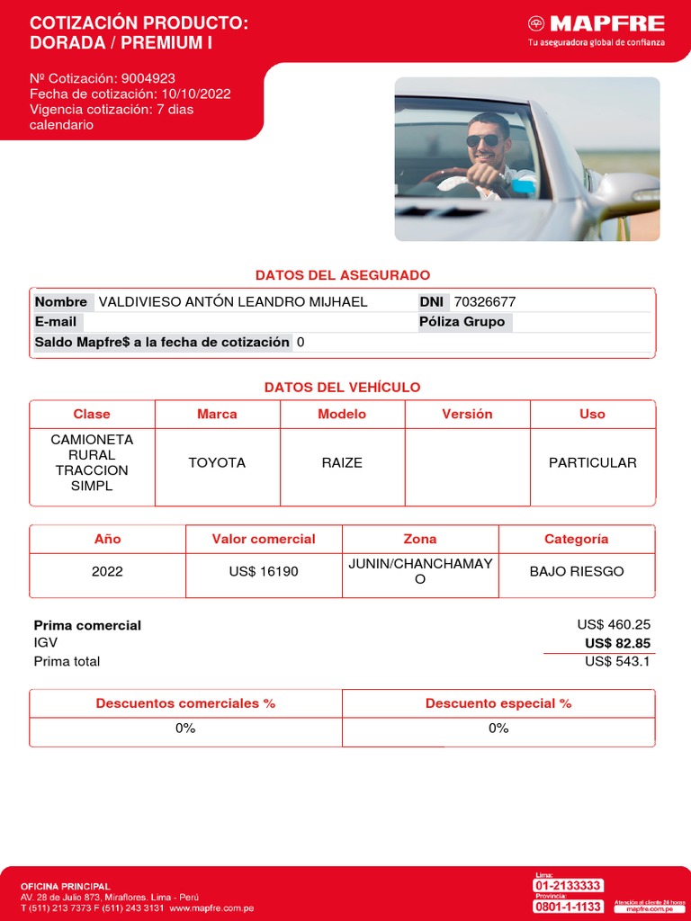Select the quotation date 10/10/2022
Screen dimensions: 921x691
coord(195,94)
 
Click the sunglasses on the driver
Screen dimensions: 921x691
coord(483,140)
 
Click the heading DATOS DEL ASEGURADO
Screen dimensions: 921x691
coord(343,274)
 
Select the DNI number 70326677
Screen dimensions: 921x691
coord(485,302)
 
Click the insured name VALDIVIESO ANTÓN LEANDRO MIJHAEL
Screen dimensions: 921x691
coord(232,302)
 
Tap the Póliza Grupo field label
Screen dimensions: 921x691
coord(462,322)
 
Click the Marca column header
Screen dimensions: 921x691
coord(217,414)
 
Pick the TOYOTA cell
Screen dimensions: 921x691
coord(217,462)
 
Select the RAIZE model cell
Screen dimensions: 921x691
coord(342,462)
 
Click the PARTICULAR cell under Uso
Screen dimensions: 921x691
coord(592,462)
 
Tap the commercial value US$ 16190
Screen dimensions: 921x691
coord(264,571)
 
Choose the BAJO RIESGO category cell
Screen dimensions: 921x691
coord(576,571)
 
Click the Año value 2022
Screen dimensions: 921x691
coord(107,571)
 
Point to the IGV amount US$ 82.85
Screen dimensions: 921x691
coord(617,643)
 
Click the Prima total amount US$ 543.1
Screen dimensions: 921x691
coord(617,661)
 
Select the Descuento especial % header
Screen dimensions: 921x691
coord(498,703)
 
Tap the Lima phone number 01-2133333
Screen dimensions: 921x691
coord(568,886)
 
